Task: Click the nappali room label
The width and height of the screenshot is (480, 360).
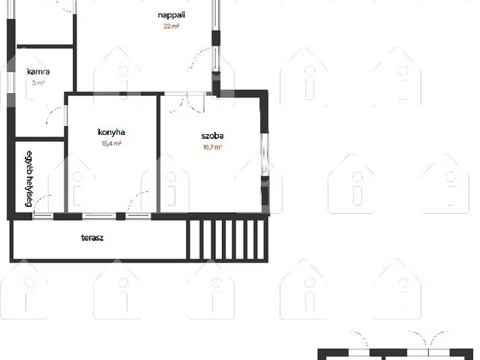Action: [x=172, y=15]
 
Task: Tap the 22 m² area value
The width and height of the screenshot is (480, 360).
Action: [x=171, y=26]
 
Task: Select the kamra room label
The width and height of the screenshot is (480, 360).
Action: [x=38, y=72]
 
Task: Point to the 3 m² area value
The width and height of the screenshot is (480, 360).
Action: [x=38, y=82]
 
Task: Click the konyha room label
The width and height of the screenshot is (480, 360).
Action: [x=112, y=132]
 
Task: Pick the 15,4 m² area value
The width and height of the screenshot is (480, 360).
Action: [x=112, y=143]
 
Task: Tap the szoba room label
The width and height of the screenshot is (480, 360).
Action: [x=212, y=136]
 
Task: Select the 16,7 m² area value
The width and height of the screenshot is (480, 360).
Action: [x=212, y=147]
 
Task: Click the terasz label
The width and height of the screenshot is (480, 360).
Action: [x=92, y=238]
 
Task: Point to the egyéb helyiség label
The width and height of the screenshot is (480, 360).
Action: [x=29, y=178]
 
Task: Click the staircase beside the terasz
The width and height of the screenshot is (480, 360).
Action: [x=226, y=240]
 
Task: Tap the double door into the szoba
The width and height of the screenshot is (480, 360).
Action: [x=187, y=103]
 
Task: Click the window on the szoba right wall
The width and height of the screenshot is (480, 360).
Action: [x=265, y=154]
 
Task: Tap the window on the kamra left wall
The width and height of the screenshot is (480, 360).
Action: [x=11, y=82]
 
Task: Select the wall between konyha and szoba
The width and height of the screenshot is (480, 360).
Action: [x=158, y=154]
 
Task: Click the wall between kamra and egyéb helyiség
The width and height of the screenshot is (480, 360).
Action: [x=40, y=139]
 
